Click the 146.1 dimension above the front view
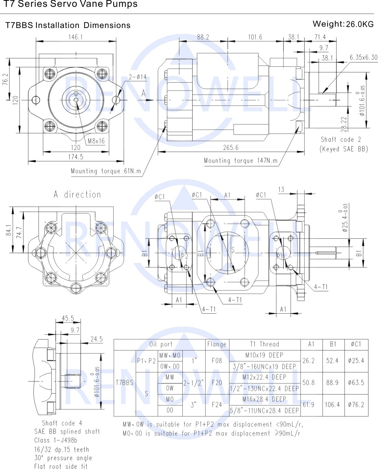point(75,37)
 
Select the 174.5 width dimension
point(75,157)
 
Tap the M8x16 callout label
point(96,141)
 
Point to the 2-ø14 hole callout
point(138,77)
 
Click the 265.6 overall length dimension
point(231,148)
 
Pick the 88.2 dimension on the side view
point(203,37)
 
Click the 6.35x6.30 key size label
point(363,57)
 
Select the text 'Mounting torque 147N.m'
point(240,161)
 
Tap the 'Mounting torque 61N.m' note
point(106,171)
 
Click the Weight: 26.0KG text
point(343,24)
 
